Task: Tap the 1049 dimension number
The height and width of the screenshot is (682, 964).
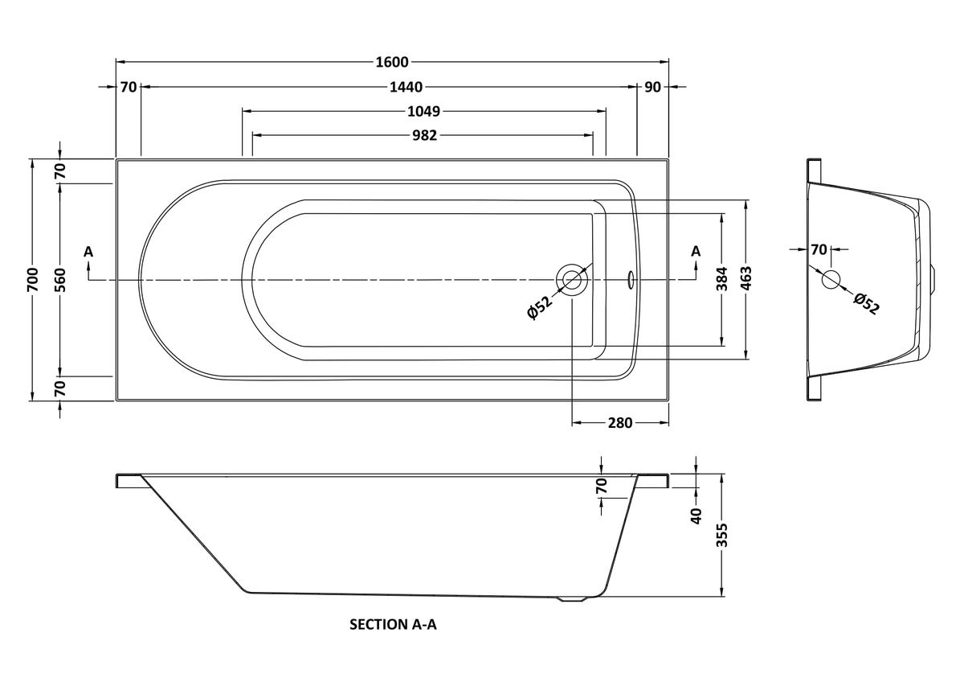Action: point(424,111)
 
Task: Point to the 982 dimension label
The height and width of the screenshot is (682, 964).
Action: point(423,135)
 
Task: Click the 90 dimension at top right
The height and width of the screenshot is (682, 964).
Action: point(652,87)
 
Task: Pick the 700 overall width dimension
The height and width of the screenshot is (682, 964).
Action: point(32,278)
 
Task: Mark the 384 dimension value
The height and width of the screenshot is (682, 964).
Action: point(722,278)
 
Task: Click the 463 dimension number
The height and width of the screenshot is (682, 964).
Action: point(747,278)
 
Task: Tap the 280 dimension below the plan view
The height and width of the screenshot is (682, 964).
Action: point(620,422)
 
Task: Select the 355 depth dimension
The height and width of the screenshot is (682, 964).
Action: point(721,535)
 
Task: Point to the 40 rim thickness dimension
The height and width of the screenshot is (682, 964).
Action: point(696,515)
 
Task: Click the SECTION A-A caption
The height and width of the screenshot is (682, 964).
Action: point(393,623)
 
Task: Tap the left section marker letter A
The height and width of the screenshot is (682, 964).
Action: point(88,252)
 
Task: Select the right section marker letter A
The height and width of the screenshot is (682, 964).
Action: point(696,252)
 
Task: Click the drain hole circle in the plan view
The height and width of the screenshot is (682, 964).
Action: point(572,279)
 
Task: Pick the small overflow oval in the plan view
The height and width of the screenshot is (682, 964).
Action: point(631,279)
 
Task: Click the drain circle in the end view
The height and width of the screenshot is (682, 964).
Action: point(831,279)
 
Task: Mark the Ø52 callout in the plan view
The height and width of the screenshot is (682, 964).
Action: point(539,308)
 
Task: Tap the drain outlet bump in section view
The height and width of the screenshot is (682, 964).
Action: point(572,598)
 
